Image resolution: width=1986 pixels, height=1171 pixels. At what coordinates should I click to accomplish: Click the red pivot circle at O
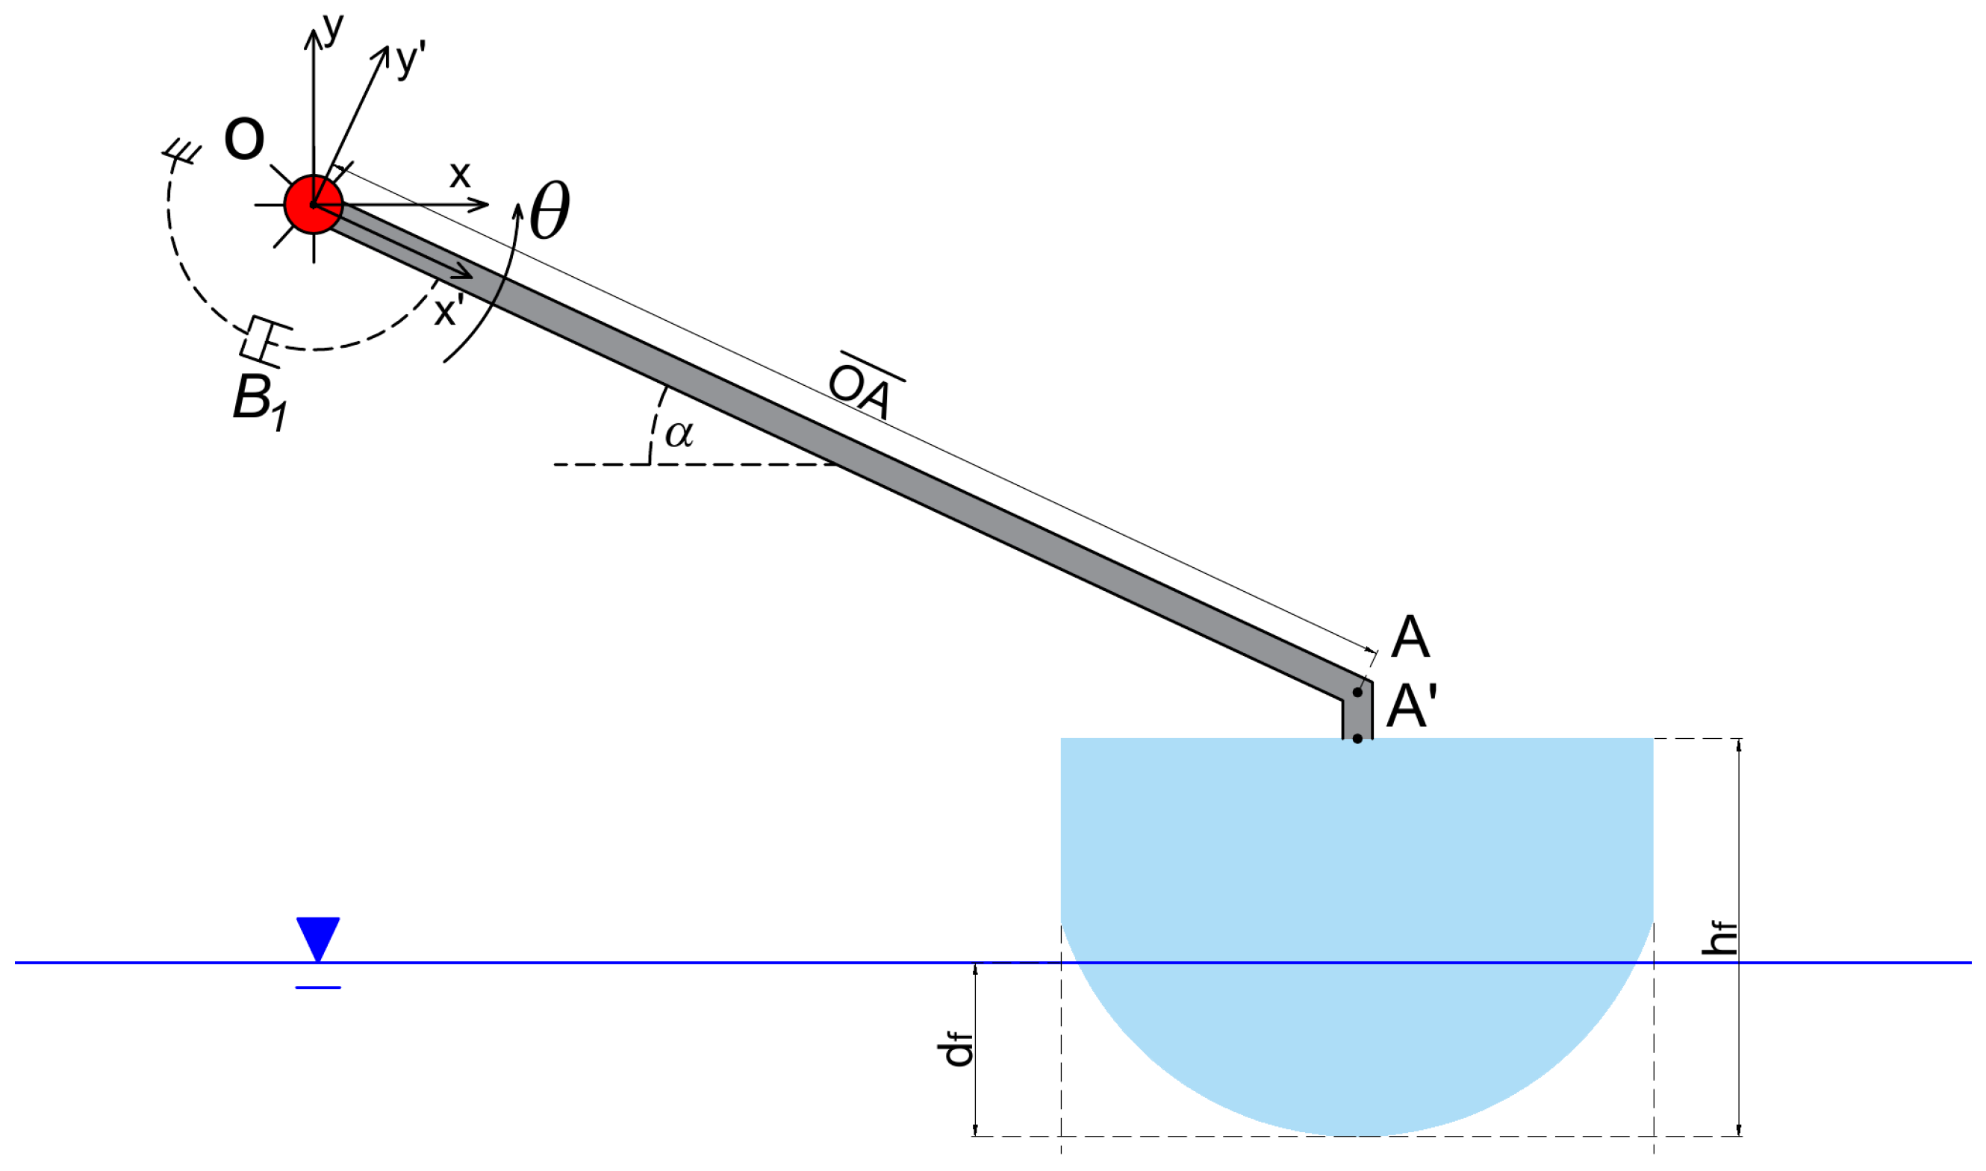click(314, 204)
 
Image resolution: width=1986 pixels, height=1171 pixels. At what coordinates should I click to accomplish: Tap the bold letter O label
click(244, 139)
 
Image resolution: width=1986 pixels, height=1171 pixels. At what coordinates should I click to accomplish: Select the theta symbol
click(550, 210)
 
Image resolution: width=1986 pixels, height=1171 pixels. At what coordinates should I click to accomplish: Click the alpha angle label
click(679, 434)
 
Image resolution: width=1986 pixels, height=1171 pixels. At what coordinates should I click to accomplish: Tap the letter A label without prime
click(1410, 637)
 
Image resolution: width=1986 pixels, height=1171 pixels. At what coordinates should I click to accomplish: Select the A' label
click(1412, 705)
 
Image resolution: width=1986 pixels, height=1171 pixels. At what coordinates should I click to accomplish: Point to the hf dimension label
click(1719, 938)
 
